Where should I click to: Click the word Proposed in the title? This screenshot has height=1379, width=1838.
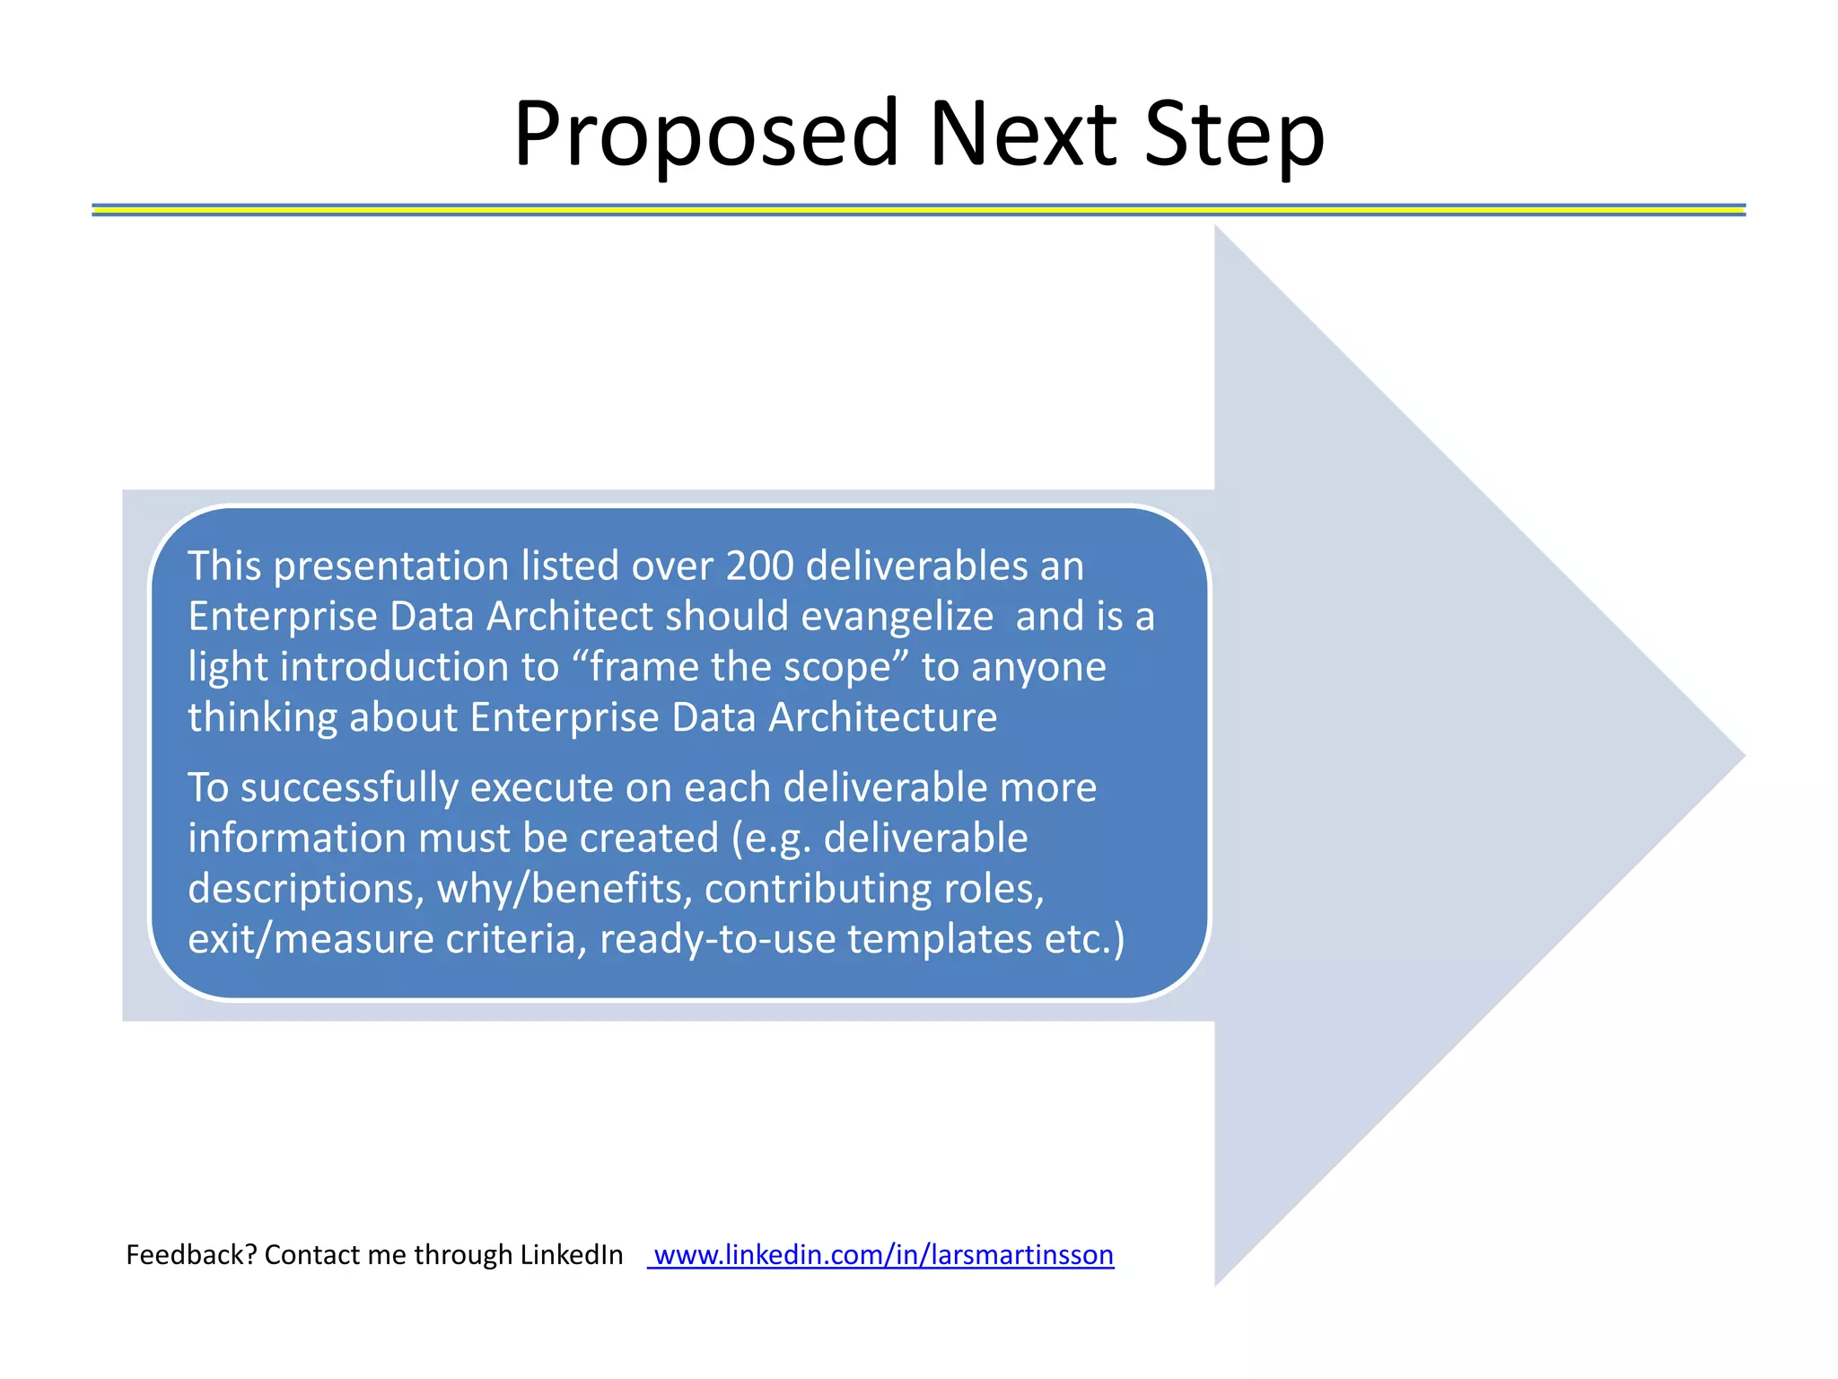pos(705,135)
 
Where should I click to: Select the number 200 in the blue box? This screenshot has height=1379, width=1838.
pos(759,567)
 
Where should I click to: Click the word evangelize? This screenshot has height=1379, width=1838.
pos(897,617)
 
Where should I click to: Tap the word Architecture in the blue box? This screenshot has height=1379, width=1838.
pos(882,717)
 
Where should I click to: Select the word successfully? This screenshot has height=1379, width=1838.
pos(349,788)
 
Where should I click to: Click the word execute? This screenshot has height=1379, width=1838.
pos(540,788)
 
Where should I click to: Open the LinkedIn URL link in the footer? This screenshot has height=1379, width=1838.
pos(882,1254)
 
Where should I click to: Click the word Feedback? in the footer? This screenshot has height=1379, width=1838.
pos(191,1254)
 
